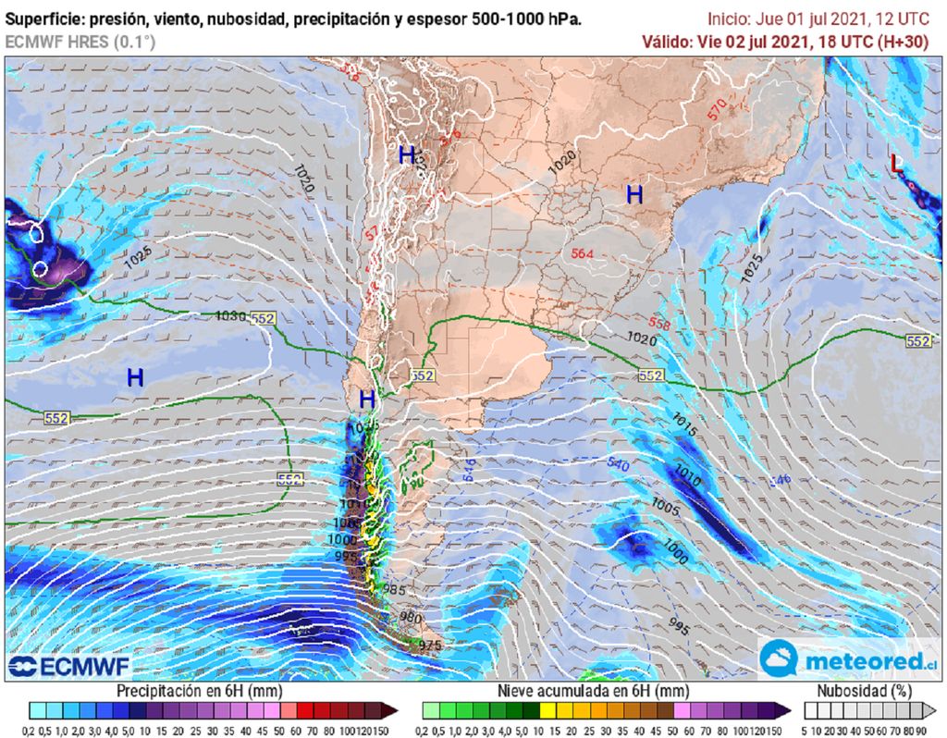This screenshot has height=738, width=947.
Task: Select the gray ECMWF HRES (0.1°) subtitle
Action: pyautogui.click(x=80, y=42)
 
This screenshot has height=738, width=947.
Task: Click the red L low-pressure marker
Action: pyautogui.click(x=894, y=164)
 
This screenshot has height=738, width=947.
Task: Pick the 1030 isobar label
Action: pyautogui.click(x=229, y=315)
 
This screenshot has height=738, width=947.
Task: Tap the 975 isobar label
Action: pyautogui.click(x=431, y=645)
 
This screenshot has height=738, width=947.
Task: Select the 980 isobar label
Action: pyautogui.click(x=411, y=616)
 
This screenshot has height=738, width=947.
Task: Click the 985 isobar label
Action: pyautogui.click(x=394, y=589)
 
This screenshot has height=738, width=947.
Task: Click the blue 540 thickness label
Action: pyautogui.click(x=618, y=464)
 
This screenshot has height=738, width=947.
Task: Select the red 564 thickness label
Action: pyautogui.click(x=582, y=253)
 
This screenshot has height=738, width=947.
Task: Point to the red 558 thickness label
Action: pyautogui.click(x=659, y=323)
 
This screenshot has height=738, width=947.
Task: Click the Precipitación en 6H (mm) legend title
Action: pyautogui.click(x=199, y=691)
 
